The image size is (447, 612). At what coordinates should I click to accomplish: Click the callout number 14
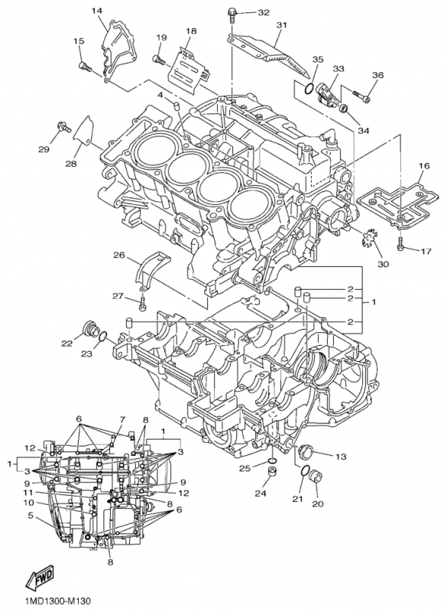(97, 10)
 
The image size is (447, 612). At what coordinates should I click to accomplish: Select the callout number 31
(282, 25)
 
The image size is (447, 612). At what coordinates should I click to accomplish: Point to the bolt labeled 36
(361, 96)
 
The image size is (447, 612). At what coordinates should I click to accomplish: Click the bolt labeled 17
(400, 247)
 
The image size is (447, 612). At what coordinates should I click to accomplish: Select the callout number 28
(70, 164)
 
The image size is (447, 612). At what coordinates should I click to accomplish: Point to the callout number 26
(119, 255)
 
